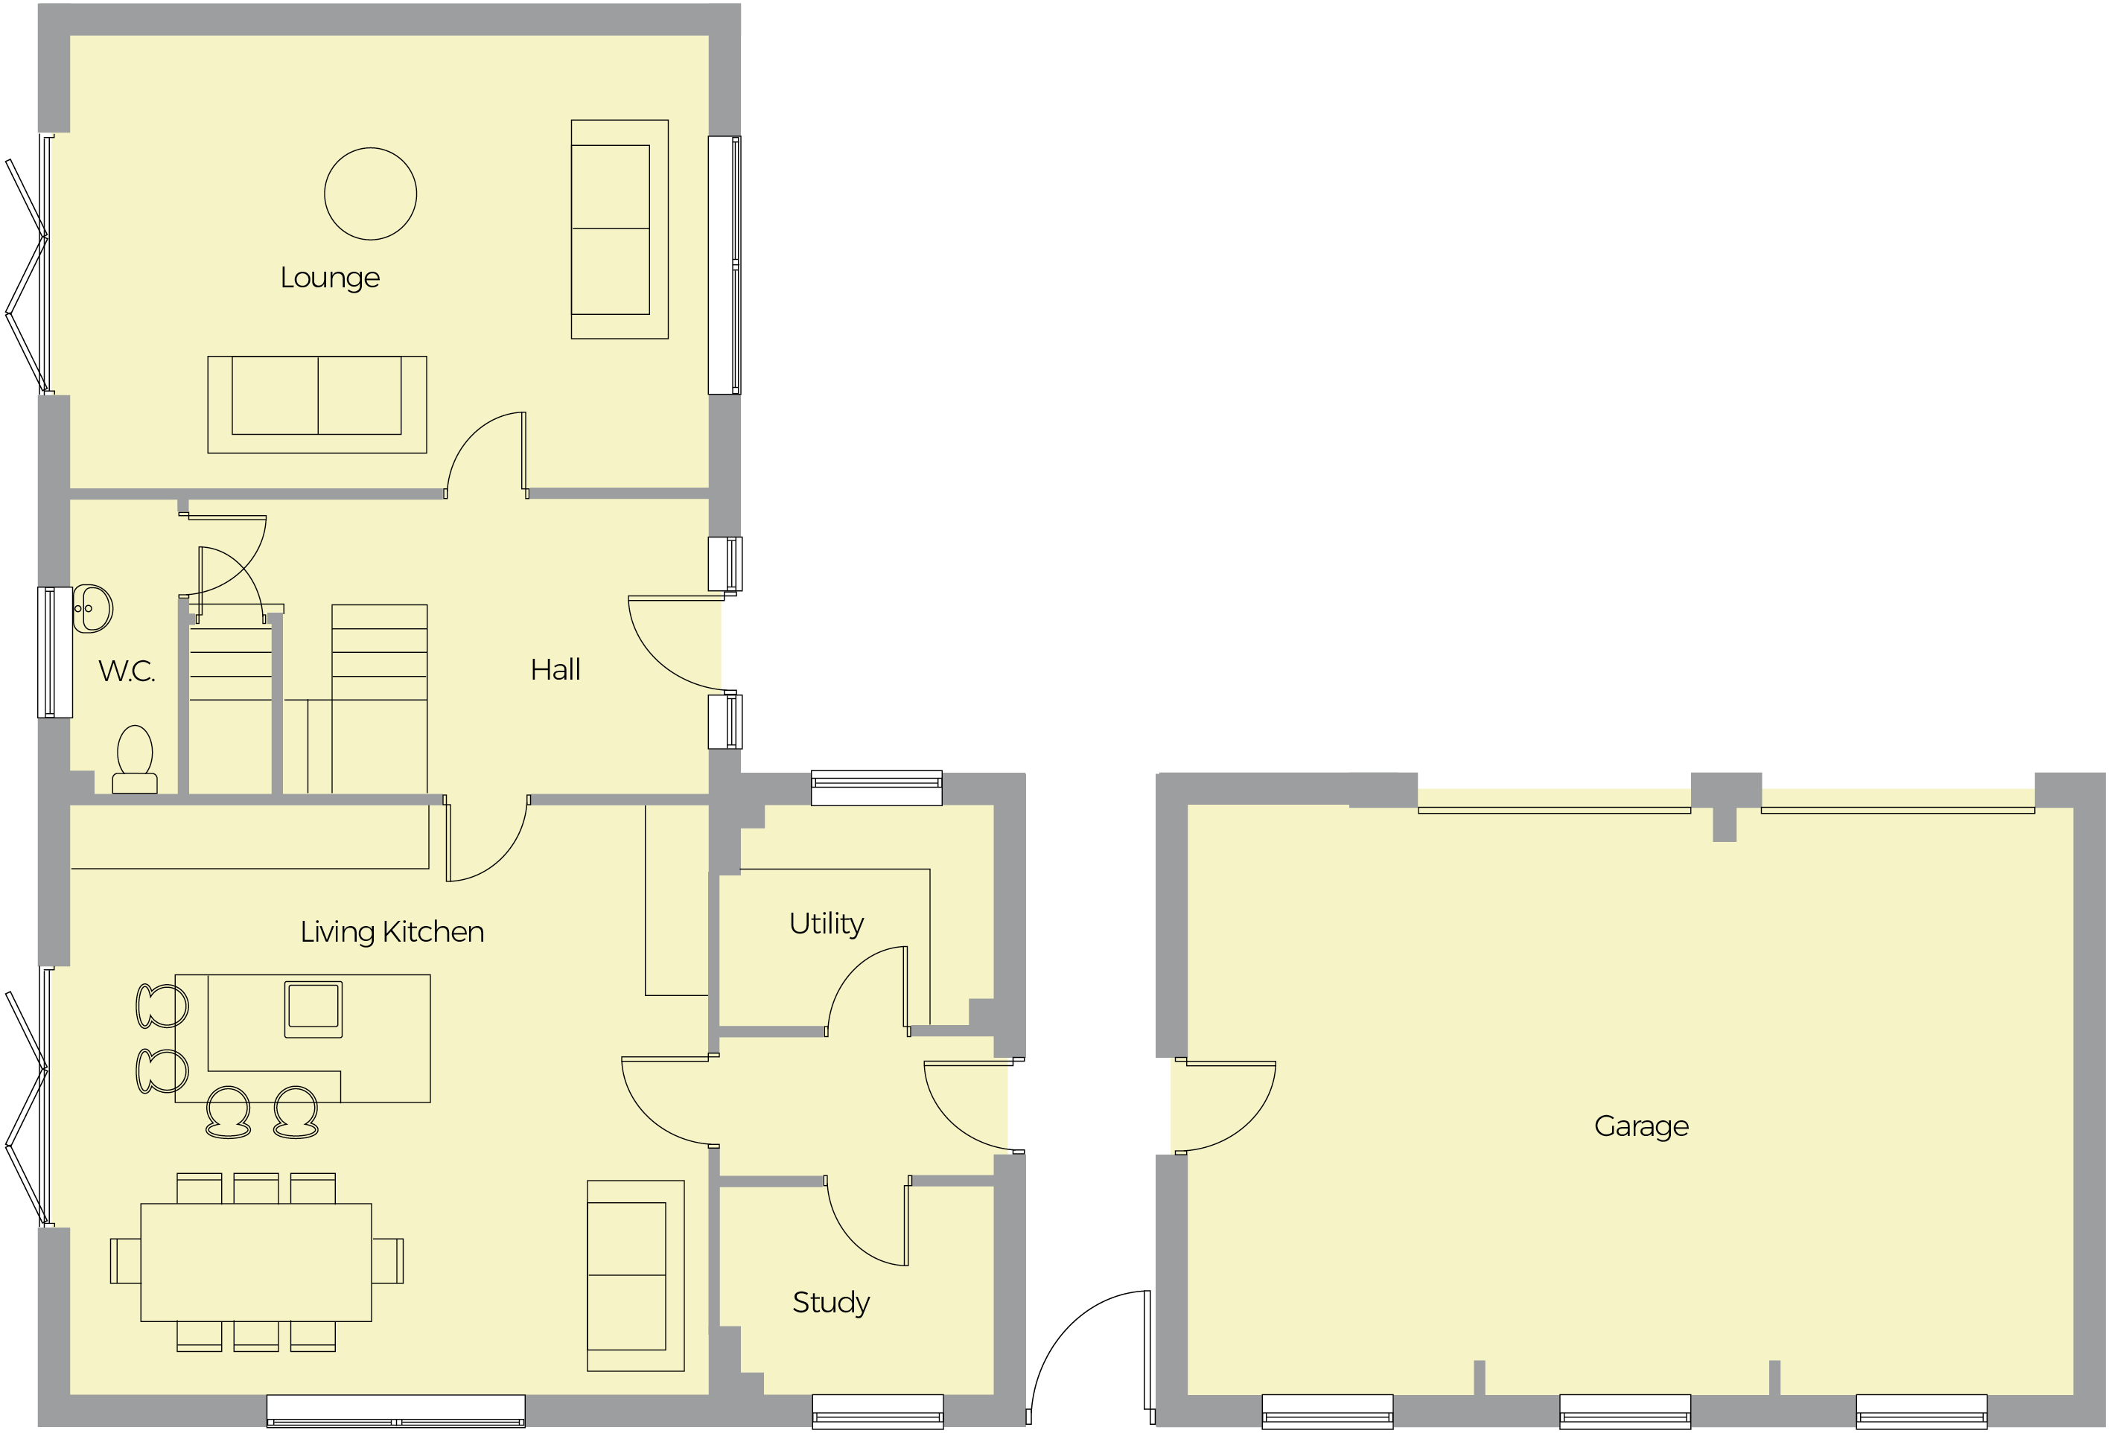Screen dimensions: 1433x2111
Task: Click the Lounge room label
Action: tap(330, 278)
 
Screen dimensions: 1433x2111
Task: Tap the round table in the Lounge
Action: tap(371, 194)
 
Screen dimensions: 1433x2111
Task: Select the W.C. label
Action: tap(127, 672)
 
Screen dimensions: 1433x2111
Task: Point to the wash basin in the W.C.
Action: tap(92, 607)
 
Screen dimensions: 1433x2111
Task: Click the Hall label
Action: tap(555, 670)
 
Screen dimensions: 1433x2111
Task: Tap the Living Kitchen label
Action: tap(392, 932)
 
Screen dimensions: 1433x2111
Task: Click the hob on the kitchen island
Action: tap(313, 1009)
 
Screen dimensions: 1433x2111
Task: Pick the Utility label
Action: tap(826, 924)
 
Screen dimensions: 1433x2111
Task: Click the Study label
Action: tap(830, 1302)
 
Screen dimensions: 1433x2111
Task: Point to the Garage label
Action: tap(1640, 1126)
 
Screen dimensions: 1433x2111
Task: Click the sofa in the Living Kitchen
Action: tap(635, 1275)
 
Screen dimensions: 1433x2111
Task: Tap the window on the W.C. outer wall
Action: tap(54, 652)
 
